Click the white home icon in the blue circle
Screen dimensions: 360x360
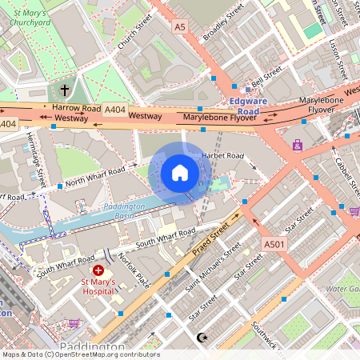pyautogui.click(x=180, y=173)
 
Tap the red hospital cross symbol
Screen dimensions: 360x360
pyautogui.click(x=98, y=271)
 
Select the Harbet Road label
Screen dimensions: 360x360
pyautogui.click(x=223, y=155)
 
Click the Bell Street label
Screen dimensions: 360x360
pyautogui.click(x=266, y=78)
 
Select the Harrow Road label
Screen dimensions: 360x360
pyautogui.click(x=76, y=107)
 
